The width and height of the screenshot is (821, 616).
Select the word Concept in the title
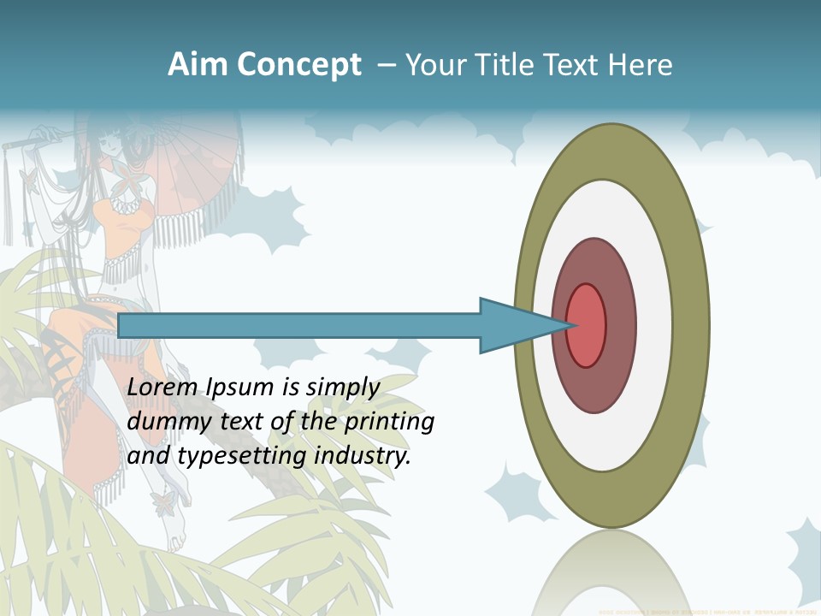click(299, 65)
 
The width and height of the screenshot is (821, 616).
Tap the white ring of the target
click(654, 325)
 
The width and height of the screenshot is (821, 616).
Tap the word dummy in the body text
click(164, 422)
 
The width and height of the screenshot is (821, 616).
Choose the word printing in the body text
click(389, 422)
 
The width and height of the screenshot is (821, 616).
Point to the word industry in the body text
click(363, 456)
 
